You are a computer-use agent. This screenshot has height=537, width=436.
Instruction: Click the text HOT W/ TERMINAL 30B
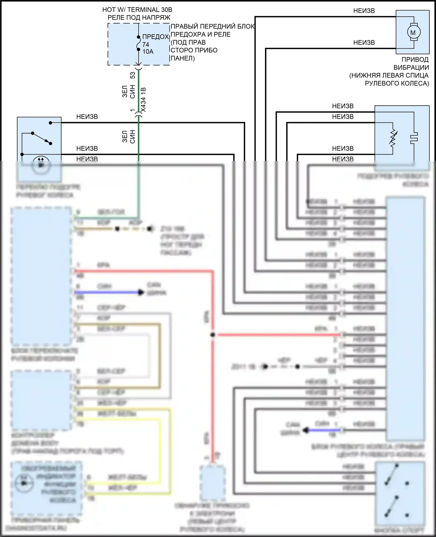[137, 10]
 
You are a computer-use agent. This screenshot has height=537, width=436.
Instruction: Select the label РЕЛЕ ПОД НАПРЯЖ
[139, 17]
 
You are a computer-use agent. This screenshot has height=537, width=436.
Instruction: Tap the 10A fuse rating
[148, 51]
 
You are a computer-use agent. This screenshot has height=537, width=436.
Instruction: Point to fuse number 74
[146, 45]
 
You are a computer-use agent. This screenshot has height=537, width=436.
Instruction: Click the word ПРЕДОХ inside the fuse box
[156, 37]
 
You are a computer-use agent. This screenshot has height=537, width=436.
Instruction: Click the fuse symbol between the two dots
[139, 43]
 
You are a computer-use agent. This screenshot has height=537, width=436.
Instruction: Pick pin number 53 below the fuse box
[133, 75]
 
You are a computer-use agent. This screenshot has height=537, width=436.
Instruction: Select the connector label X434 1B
[143, 99]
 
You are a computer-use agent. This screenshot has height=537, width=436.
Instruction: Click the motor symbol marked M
[413, 32]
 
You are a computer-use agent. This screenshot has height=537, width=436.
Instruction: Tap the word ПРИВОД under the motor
[415, 59]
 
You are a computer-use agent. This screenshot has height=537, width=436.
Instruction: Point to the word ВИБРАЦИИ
[411, 67]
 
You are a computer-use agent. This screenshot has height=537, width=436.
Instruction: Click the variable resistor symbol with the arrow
[393, 138]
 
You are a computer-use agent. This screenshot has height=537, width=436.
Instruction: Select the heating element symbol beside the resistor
[414, 138]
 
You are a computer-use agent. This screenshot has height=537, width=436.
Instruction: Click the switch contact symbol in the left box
[41, 138]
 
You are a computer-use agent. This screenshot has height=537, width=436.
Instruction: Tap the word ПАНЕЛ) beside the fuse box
[183, 58]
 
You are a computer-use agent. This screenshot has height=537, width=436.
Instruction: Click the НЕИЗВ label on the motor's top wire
[364, 11]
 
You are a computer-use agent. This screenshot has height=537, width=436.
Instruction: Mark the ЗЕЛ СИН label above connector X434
[128, 91]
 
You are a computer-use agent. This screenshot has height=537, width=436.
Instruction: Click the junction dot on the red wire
[213, 335]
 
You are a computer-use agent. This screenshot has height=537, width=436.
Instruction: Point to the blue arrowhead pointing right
[141, 292]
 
